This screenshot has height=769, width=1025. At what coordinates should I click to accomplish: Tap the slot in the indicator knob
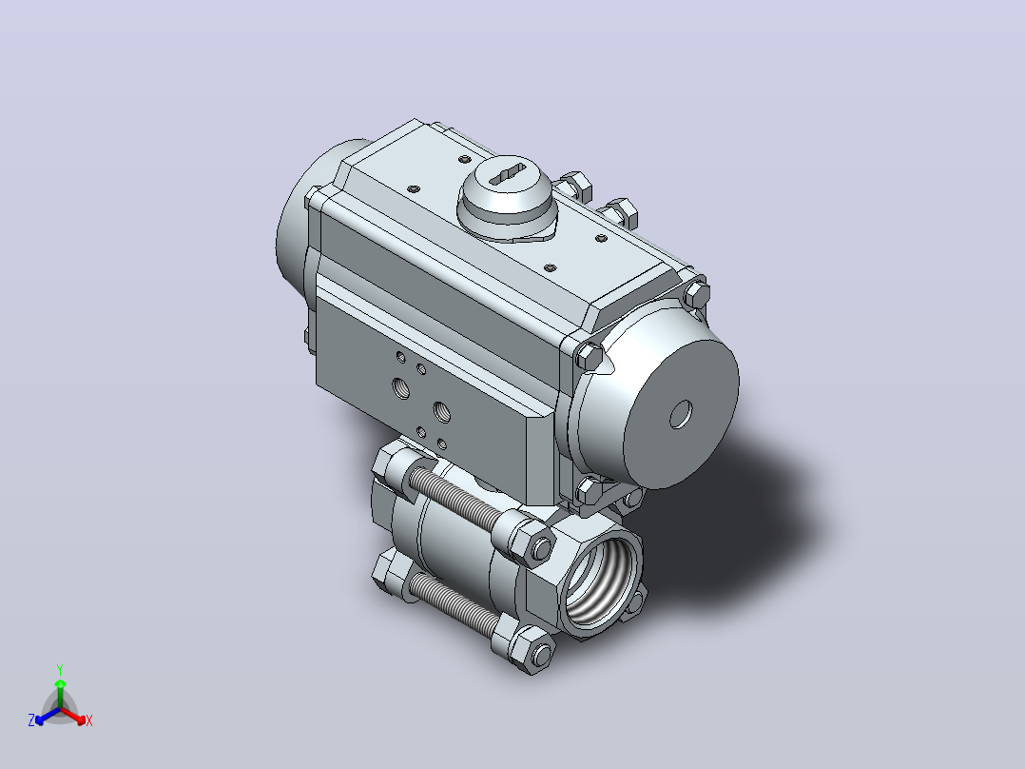(508, 174)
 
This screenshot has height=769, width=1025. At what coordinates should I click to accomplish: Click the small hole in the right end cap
(681, 414)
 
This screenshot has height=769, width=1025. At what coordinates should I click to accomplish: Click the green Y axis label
(60, 670)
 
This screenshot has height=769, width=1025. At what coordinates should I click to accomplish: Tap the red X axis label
(89, 720)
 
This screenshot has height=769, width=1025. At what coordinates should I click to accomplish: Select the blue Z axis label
(31, 720)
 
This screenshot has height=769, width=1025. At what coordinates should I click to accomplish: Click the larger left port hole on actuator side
(401, 388)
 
